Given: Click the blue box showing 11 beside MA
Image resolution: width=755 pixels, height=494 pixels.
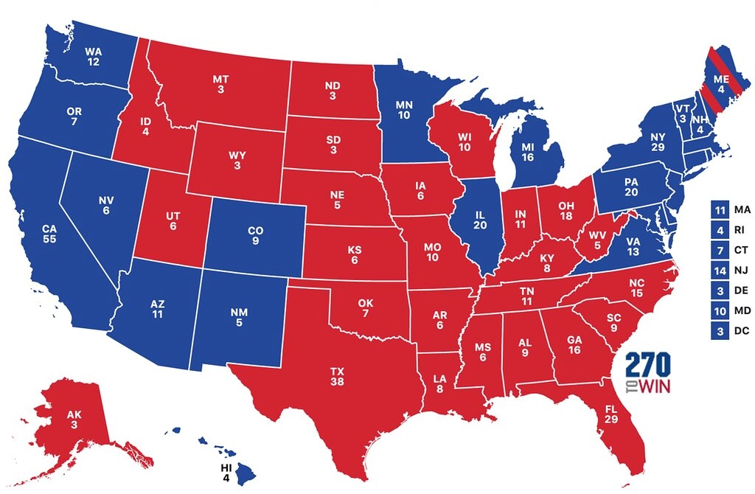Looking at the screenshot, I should coord(719,209).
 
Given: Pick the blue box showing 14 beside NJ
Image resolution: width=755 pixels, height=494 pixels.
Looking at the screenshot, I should coord(719,271).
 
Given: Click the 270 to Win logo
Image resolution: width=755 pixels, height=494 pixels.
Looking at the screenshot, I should coord(647,374).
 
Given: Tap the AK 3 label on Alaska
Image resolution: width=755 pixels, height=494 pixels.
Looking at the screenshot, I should coord(74,420).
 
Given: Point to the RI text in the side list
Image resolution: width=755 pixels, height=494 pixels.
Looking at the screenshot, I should coord(739,229).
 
